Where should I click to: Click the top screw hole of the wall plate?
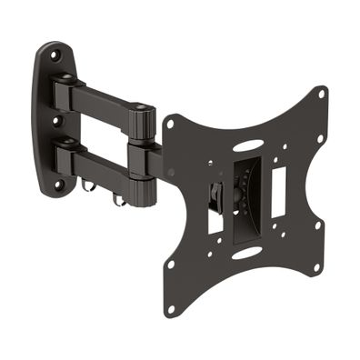pyautogui.click(x=54, y=55)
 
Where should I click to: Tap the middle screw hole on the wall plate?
pyautogui.click(x=55, y=120)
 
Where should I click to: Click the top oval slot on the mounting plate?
pyautogui.click(x=245, y=145)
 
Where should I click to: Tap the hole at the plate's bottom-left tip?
pyautogui.click(x=169, y=266)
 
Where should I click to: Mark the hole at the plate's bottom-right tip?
pyautogui.click(x=317, y=268)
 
